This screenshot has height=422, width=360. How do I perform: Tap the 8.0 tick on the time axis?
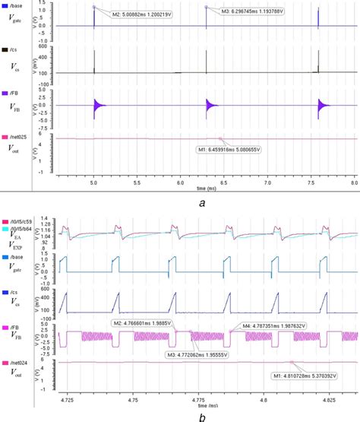353,183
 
